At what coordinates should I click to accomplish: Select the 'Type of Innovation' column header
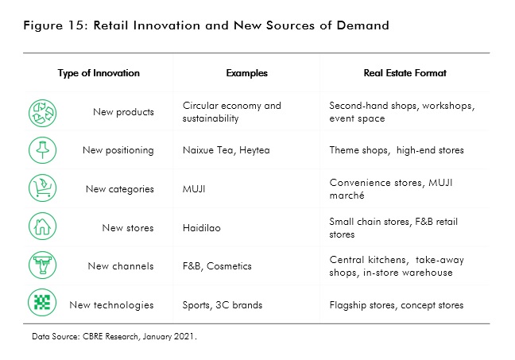pos(99,73)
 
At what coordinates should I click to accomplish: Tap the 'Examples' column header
pos(246,73)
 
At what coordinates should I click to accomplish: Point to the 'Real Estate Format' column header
pos(405,73)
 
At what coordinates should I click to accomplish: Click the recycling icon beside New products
pos(41,112)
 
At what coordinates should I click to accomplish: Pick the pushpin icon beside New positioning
pos(41,150)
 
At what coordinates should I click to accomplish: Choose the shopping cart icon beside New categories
pos(41,189)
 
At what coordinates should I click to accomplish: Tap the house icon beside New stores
pos(41,228)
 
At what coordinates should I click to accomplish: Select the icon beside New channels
pos(41,266)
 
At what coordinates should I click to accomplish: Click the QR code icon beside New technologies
pos(41,304)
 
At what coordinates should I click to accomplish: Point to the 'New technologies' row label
pos(111,305)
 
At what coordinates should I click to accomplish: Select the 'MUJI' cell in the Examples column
pos(195,189)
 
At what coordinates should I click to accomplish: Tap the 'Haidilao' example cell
pos(202,228)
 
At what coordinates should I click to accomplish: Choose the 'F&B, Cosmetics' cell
pos(217,266)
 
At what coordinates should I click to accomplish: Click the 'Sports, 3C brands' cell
pos(222,305)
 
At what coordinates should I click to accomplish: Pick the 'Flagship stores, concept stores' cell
pos(396,305)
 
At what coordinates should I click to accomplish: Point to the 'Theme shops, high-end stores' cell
pos(396,150)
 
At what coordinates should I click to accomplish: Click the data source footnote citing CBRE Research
pos(114,337)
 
